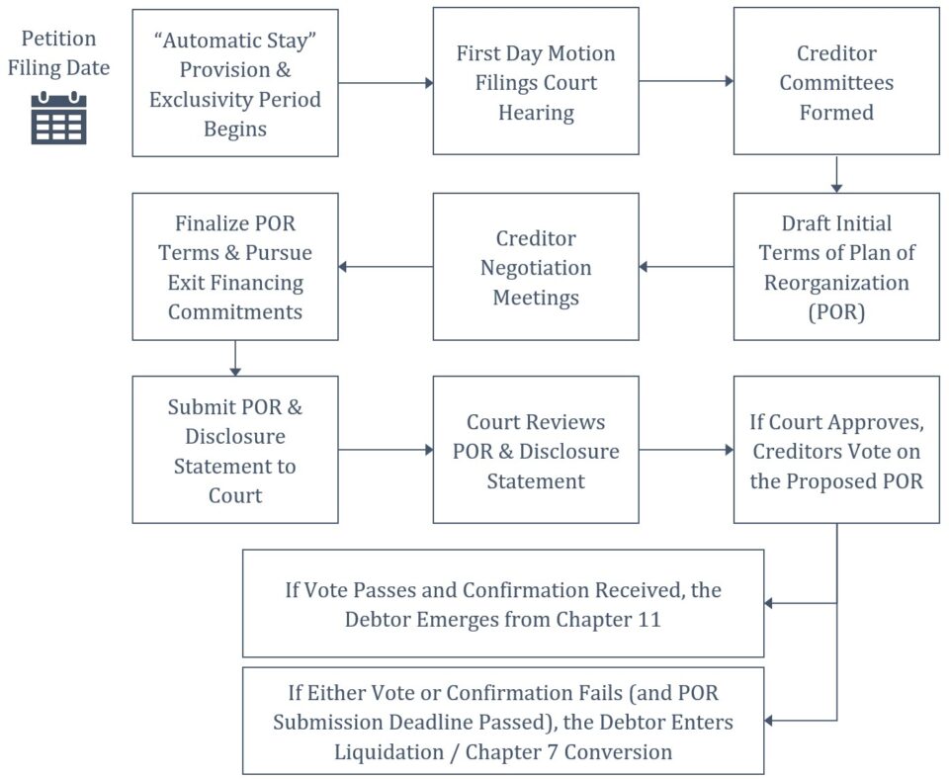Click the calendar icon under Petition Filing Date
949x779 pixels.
coord(59,118)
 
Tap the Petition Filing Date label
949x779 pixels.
coord(59,53)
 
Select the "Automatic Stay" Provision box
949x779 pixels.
coord(235,82)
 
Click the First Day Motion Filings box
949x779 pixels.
coord(536,82)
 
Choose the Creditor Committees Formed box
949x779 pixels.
coord(836,82)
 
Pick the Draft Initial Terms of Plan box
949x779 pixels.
coord(836,267)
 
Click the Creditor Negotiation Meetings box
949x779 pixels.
coord(536,267)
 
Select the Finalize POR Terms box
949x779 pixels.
coord(235,267)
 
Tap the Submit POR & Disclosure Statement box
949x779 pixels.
coord(235,450)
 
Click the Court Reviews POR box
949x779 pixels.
coord(536,450)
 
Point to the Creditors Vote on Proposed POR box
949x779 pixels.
coord(836,450)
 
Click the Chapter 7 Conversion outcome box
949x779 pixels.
coord(503,721)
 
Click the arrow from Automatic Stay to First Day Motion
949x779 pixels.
coord(386,83)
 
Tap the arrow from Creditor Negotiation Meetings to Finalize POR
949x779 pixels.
coord(386,267)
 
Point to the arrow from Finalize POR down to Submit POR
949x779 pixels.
coord(235,358)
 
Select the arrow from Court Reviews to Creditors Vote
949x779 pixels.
coord(686,450)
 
